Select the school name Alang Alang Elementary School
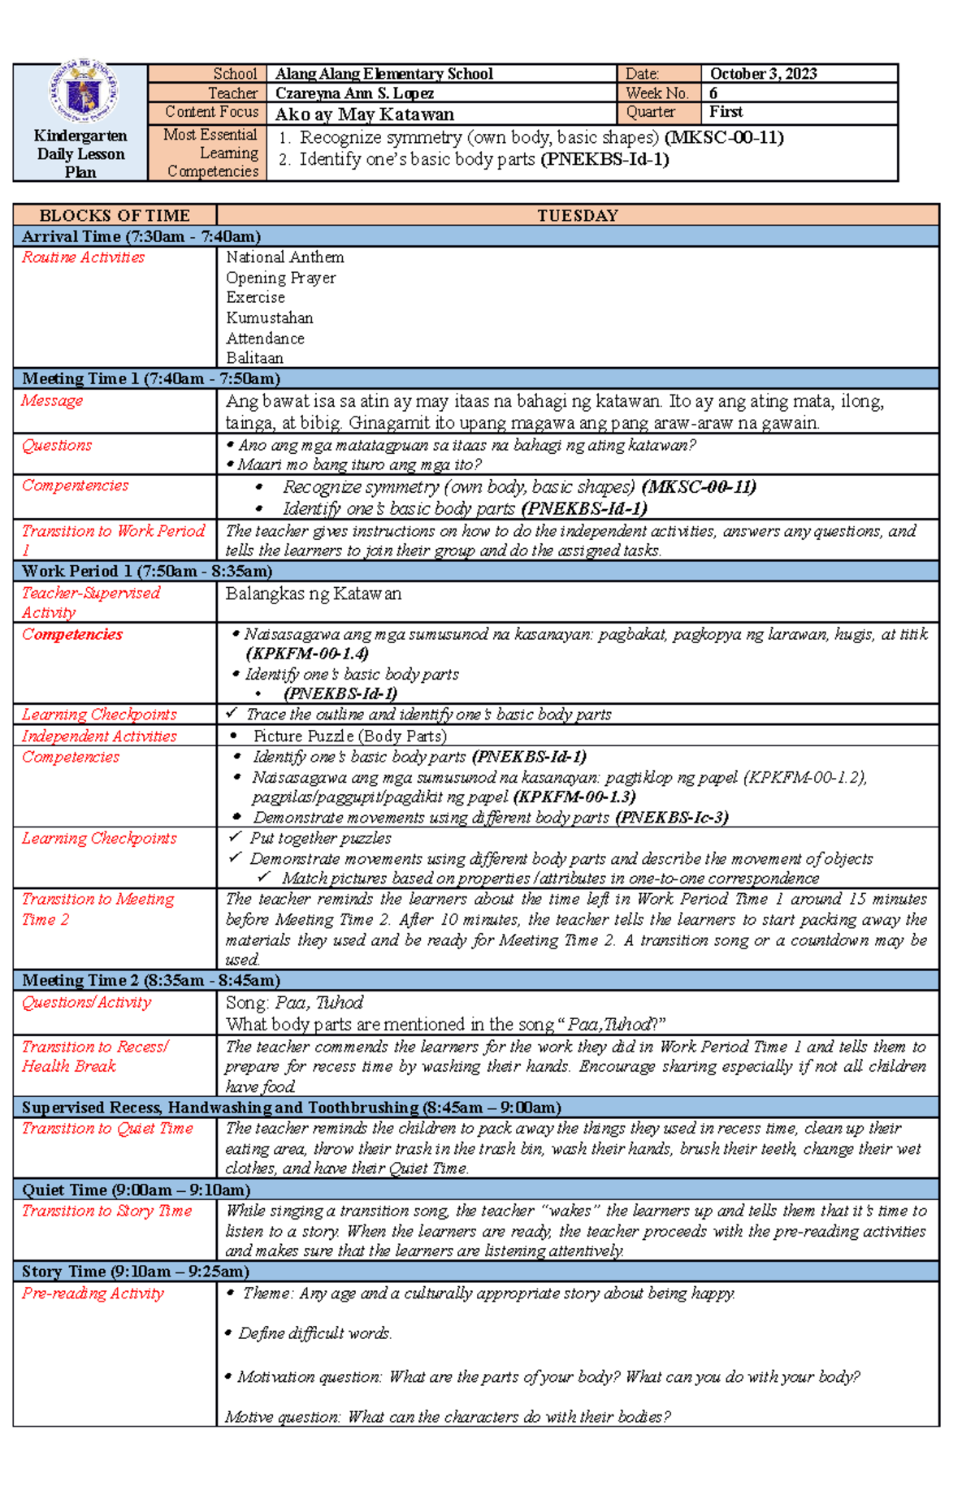pyautogui.click(x=383, y=74)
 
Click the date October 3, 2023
pyautogui.click(x=763, y=74)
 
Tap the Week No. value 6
pyautogui.click(x=713, y=93)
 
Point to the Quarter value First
pyautogui.click(x=726, y=112)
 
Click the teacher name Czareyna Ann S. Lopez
pyautogui.click(x=354, y=93)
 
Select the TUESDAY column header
pyautogui.click(x=578, y=215)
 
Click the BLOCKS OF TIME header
pyautogui.click(x=115, y=215)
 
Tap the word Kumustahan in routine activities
pyautogui.click(x=269, y=317)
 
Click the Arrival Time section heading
pyautogui.click(x=141, y=236)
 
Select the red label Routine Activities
pyautogui.click(x=83, y=257)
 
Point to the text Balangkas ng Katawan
pyautogui.click(x=313, y=594)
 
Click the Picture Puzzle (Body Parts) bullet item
pyautogui.click(x=349, y=736)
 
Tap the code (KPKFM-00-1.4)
pyautogui.click(x=307, y=654)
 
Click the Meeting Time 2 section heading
pyautogui.click(x=150, y=980)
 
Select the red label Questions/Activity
pyautogui.click(x=86, y=1002)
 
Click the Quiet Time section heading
pyautogui.click(x=136, y=1190)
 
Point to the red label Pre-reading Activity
pyautogui.click(x=93, y=1293)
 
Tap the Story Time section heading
pyautogui.click(x=135, y=1271)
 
